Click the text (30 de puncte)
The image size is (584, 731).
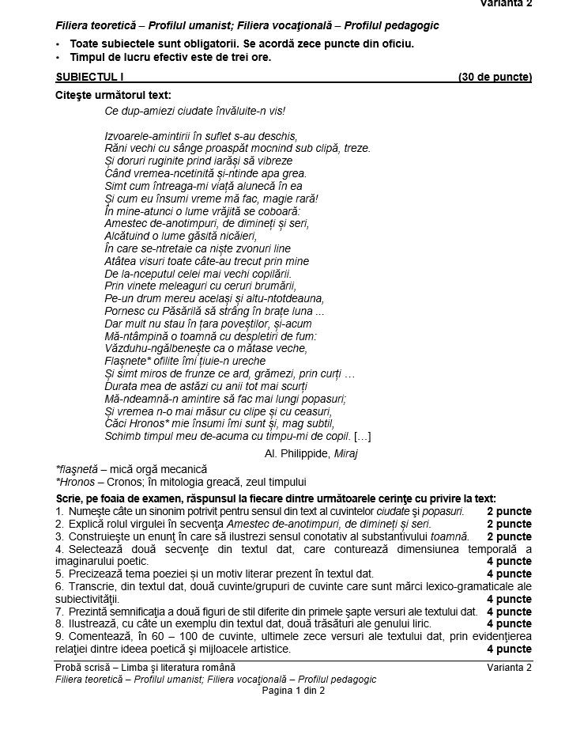[495, 77]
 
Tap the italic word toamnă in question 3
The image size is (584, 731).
[451, 536]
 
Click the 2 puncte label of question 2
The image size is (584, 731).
[509, 524]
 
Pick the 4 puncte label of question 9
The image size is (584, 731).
[509, 649]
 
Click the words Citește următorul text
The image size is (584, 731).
[113, 95]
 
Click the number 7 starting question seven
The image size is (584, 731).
[59, 612]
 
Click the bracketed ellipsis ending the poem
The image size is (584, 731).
[363, 436]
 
